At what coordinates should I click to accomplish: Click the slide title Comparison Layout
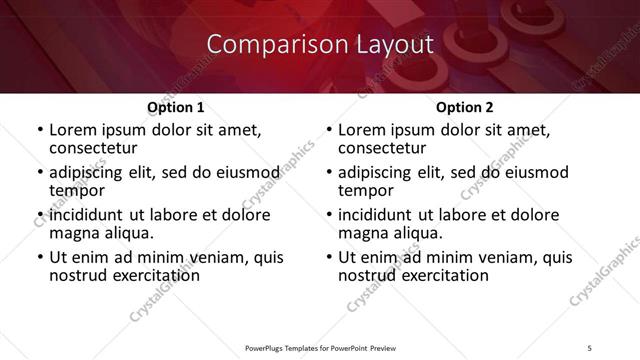[320, 45]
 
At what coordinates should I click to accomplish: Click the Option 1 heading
[175, 107]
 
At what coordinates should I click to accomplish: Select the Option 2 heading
[464, 107]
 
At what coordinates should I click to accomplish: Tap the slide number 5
[590, 347]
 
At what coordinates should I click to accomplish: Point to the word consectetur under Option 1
[96, 148]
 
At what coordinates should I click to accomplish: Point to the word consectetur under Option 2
[385, 148]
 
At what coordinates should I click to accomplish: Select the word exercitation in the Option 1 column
[146, 275]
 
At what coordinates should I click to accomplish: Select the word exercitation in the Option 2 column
[435, 275]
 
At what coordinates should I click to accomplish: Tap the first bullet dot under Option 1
[39, 130]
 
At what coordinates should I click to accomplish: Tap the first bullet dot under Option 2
[328, 130]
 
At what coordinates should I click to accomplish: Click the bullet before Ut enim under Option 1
[39, 257]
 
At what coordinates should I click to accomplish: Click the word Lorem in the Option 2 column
[362, 130]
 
